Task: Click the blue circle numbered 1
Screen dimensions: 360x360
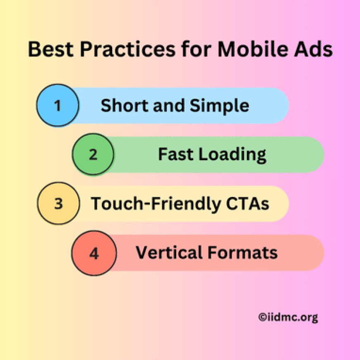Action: point(57,106)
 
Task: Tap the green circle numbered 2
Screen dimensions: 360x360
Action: point(93,154)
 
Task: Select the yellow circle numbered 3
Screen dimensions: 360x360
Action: point(58,204)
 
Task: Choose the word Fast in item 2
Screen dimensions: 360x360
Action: point(174,155)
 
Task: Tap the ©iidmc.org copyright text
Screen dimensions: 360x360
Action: point(288,317)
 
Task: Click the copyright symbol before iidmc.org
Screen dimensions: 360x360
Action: point(262,317)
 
